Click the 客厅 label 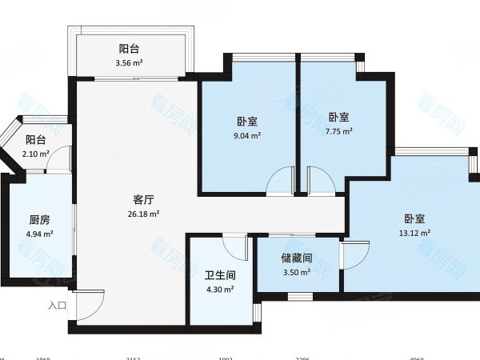[144, 200]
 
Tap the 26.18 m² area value [144, 214]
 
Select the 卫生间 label [220, 274]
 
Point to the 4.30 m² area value [220, 289]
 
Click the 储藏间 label [295, 258]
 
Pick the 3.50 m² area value [295, 273]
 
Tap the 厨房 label [40, 220]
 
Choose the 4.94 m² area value [40, 234]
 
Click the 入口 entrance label [56, 305]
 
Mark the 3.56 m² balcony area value [129, 62]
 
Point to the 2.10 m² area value [36, 154]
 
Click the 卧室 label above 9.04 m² [247, 122]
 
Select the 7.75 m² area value [339, 130]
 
